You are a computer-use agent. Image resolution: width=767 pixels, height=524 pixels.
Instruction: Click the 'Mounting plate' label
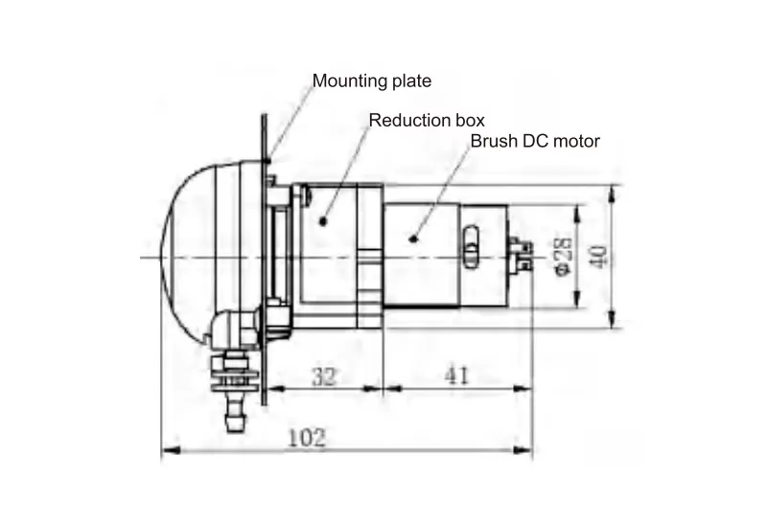[372, 80]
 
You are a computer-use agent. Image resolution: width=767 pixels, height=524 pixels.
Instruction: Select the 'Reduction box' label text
[427, 121]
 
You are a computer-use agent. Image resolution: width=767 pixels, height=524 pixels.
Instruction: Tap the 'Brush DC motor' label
[534, 141]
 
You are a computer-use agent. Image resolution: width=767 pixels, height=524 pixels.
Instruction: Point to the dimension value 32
[324, 376]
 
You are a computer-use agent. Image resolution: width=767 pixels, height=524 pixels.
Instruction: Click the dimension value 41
[457, 376]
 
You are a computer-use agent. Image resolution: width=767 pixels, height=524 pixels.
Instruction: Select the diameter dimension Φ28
[563, 257]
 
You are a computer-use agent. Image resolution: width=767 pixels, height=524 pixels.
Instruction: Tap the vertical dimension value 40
[598, 256]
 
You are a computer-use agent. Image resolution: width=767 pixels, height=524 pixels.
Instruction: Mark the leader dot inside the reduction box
[323, 221]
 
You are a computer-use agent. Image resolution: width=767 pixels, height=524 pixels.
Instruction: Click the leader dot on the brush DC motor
[413, 239]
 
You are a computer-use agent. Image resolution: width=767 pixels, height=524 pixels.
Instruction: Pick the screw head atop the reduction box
[303, 194]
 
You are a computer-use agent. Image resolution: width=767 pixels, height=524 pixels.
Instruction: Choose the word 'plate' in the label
[412, 80]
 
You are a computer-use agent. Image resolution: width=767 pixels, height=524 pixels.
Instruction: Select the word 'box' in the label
[470, 121]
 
